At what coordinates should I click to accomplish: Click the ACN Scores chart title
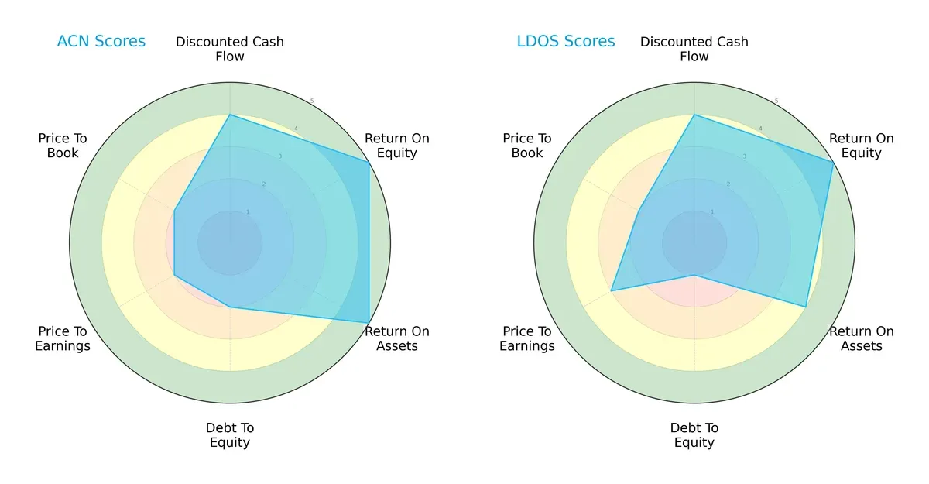point(101,41)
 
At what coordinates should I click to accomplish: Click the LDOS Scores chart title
point(566,41)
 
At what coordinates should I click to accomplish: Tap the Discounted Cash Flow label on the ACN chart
point(230,49)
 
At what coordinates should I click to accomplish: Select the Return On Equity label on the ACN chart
point(397,146)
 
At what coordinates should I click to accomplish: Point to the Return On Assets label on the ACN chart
point(397,338)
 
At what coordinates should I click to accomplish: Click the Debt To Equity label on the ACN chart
point(230,435)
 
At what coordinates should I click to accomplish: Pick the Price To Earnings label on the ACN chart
point(63,338)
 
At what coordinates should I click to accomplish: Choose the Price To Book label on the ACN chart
point(63,146)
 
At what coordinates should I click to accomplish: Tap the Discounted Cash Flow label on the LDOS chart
point(694,49)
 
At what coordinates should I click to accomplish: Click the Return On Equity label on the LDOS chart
point(862,146)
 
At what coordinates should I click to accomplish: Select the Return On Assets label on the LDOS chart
point(862,338)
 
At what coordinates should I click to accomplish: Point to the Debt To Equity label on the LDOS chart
point(694,435)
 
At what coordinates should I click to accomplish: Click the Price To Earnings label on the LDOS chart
point(527,338)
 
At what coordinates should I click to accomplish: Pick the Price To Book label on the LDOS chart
point(527,146)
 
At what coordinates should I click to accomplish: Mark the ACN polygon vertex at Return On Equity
point(369,162)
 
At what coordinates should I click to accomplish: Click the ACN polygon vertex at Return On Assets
point(369,322)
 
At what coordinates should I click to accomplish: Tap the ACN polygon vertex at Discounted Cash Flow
point(230,115)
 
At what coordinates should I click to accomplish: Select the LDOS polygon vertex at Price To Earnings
point(612,291)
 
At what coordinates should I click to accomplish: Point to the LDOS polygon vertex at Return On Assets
point(806,307)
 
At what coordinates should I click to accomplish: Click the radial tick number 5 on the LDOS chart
point(776,101)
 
